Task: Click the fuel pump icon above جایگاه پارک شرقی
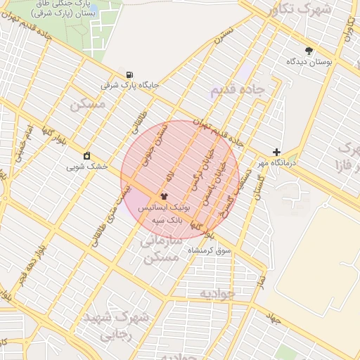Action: tap(129, 75)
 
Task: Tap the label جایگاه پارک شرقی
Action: tap(130, 85)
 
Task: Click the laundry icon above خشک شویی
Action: tap(86, 155)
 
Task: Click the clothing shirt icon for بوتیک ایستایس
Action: tap(164, 197)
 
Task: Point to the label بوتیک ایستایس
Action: tap(164, 209)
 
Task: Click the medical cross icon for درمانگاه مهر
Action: tap(276, 152)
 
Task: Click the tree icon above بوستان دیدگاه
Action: tap(309, 51)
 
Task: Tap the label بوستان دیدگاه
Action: tap(309, 62)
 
